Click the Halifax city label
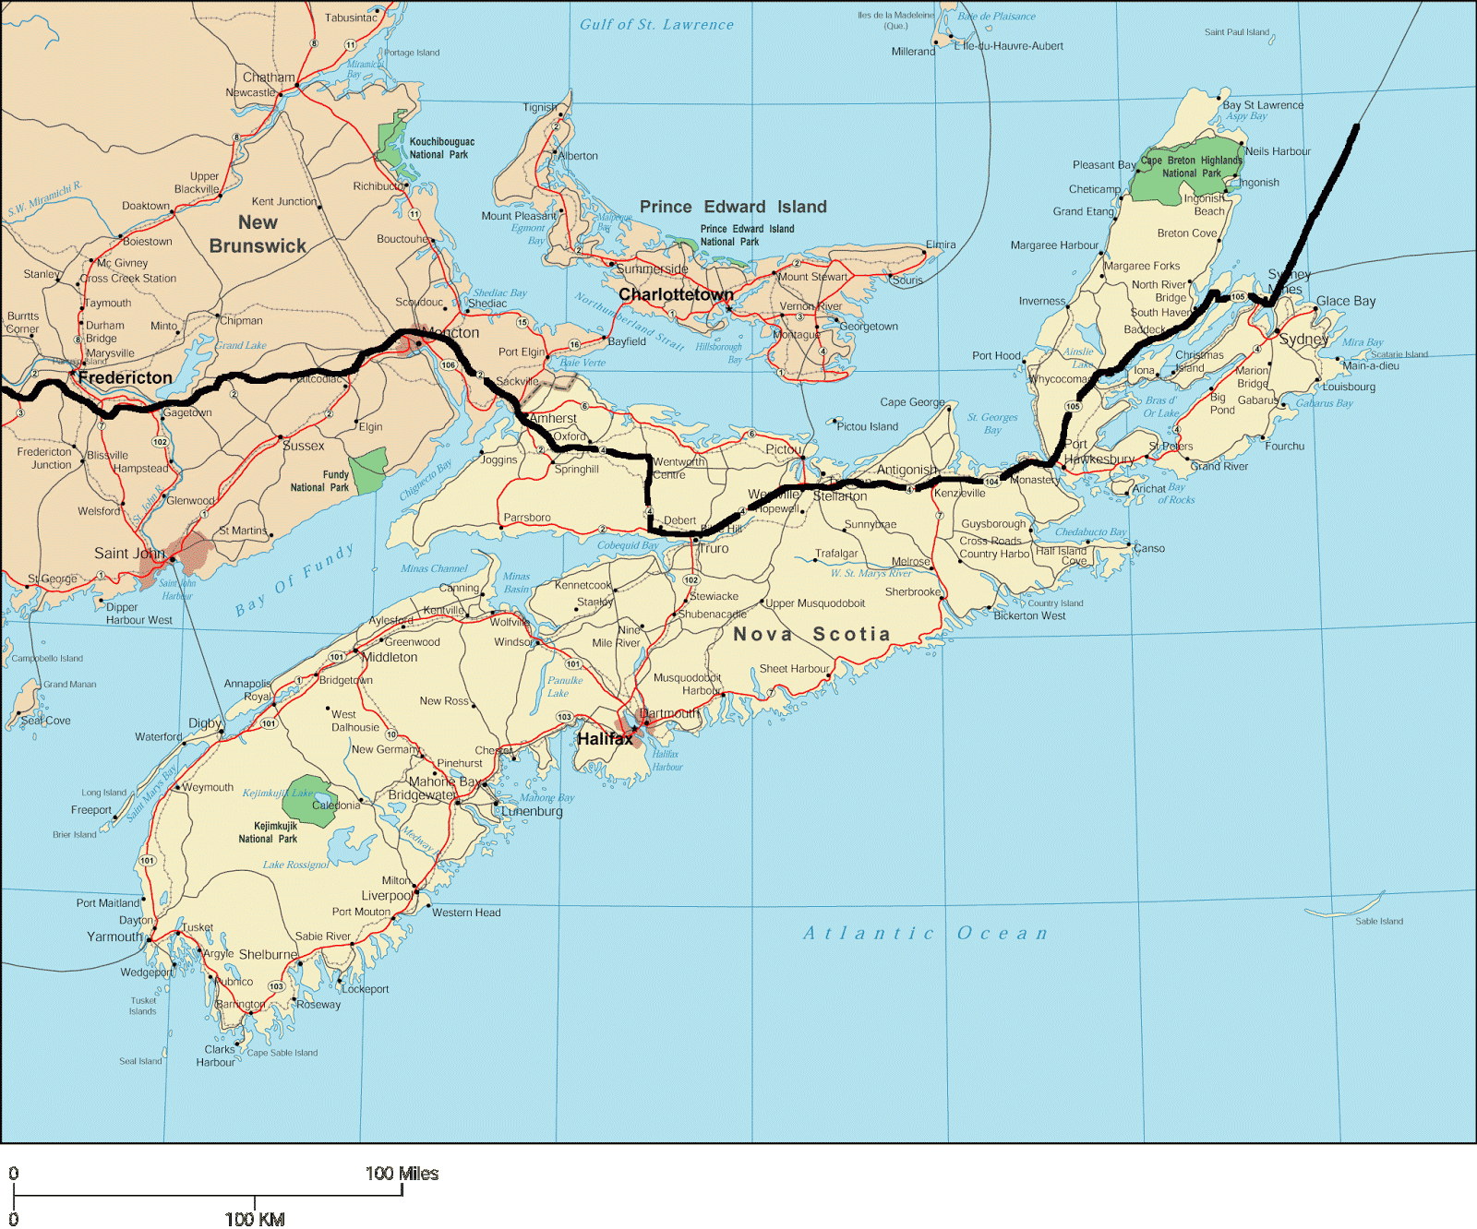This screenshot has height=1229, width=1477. pos(605,739)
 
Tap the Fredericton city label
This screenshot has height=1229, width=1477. pos(125,377)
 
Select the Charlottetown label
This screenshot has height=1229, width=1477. pos(676,294)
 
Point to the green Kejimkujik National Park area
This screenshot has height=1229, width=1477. pos(311,800)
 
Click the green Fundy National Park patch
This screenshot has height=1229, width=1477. pos(368,470)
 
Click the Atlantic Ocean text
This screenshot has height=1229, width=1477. pos(925,933)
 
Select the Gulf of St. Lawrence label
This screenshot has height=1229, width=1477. pos(656,25)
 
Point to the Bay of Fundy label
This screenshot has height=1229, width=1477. pos(294,579)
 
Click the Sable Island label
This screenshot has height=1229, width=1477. pos(1378,921)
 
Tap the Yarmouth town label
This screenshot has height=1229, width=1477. pos(115,937)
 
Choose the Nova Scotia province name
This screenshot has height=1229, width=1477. pos(811,634)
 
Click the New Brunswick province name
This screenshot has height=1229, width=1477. pos(258,234)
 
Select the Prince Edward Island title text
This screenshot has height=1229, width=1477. pos(733,207)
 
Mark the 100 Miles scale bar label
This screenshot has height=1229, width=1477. pos(402,1174)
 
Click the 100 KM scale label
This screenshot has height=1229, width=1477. pos(255,1218)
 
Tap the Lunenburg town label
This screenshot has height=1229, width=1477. pos(532,811)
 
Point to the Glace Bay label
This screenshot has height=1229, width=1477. pos(1345,301)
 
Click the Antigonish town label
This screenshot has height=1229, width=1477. pos(907,470)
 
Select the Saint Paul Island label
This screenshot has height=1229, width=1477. pos(1236,32)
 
